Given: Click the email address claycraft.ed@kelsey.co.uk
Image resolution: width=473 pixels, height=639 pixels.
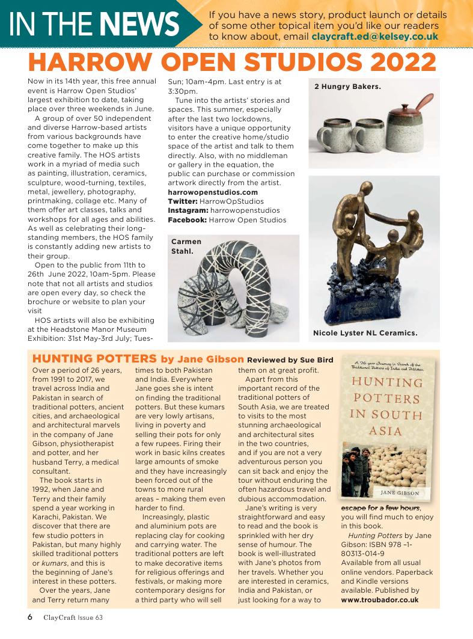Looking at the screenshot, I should point(374,36).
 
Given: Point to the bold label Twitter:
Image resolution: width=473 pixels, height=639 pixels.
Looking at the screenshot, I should point(187,201).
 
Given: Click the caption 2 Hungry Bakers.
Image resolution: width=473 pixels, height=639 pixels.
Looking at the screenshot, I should point(347,87).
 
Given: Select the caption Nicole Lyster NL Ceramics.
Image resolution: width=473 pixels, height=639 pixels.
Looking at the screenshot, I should point(365,332).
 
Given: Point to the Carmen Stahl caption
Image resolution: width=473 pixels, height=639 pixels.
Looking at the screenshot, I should point(186,246).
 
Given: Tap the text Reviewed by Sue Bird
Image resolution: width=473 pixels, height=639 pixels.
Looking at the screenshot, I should point(290,359).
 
